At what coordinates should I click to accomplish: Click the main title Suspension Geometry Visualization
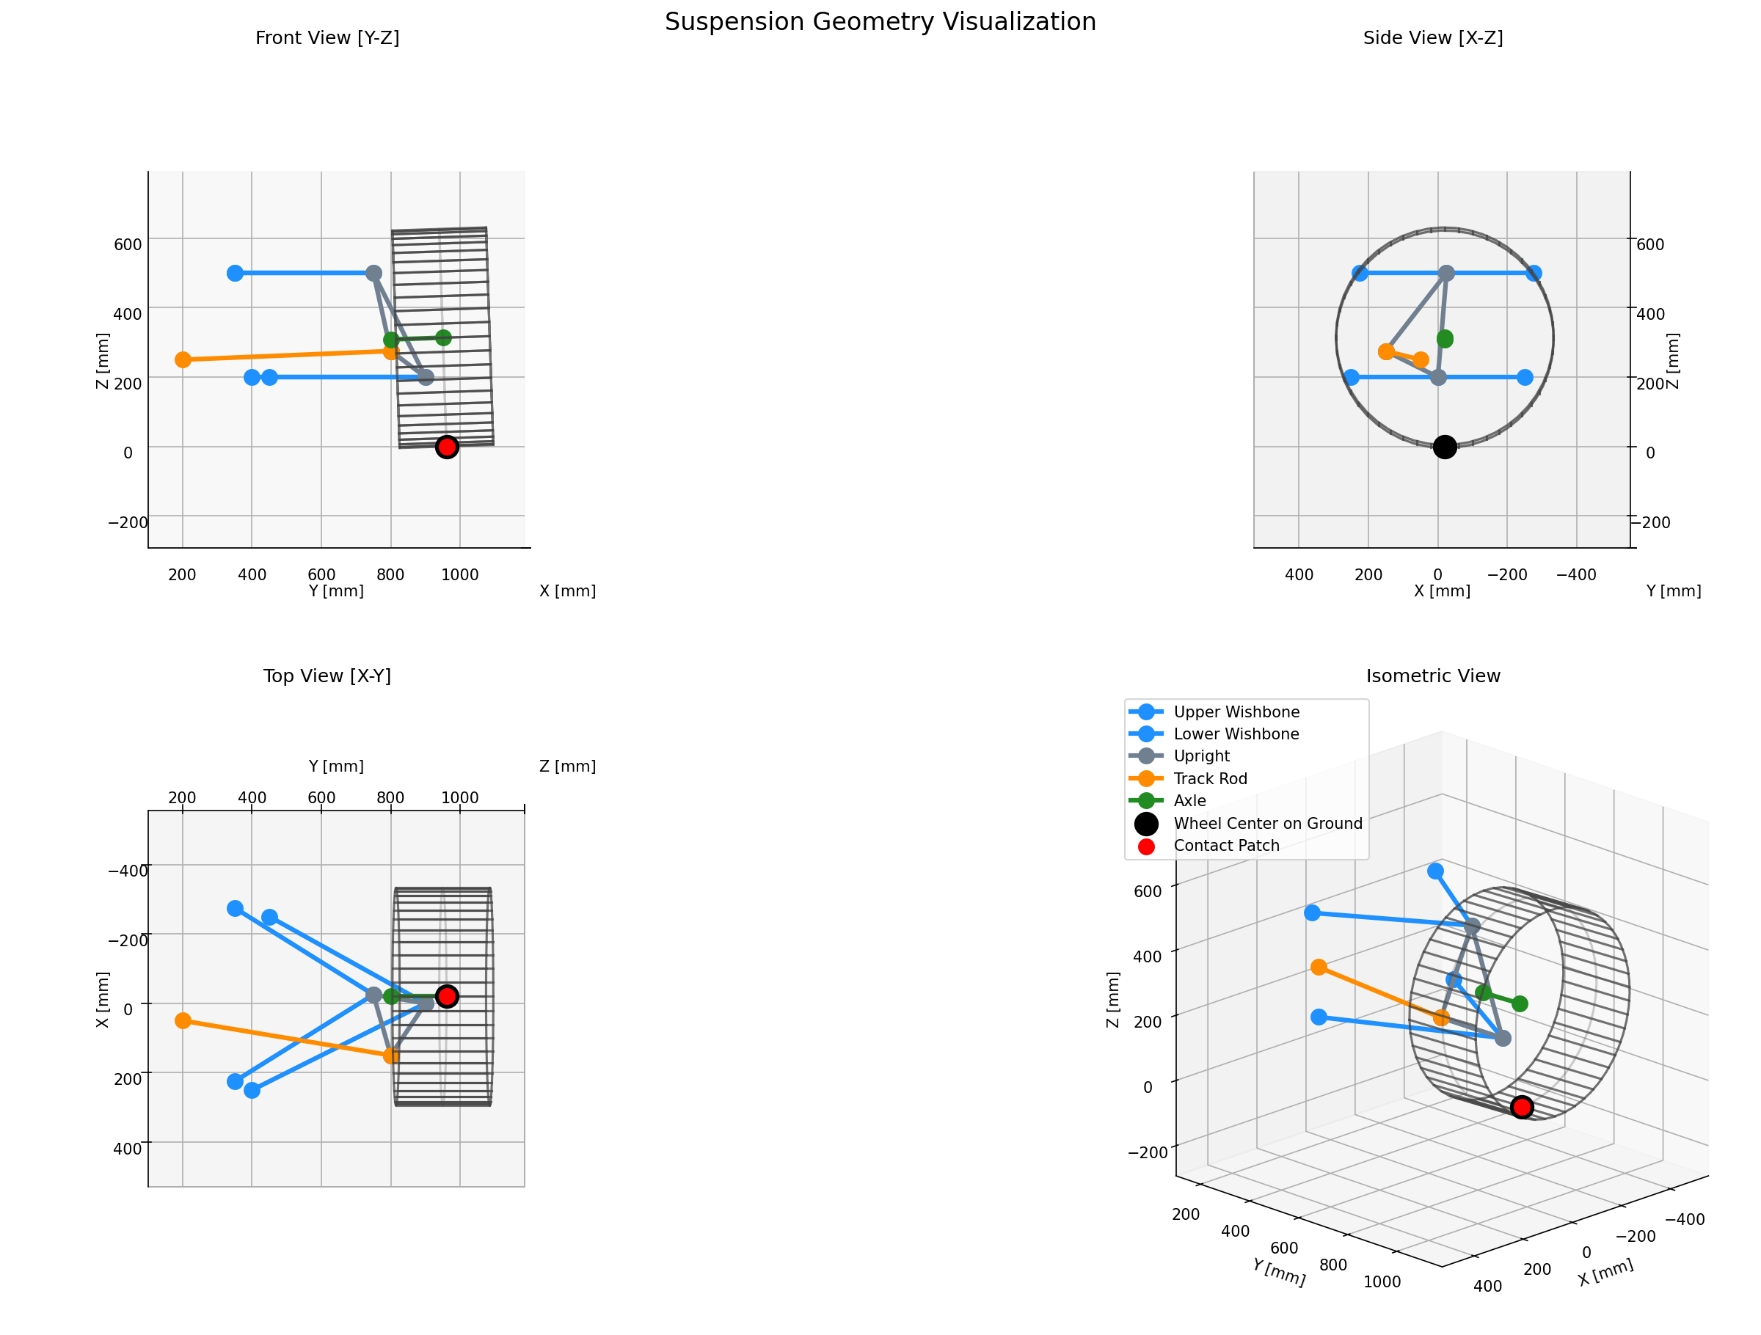pos(880,21)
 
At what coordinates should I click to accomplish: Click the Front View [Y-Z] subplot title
pos(327,38)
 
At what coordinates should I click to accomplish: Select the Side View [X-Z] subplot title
pos(1432,38)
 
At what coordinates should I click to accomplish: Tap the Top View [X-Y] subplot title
pos(327,676)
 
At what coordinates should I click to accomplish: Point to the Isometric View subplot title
pos(1432,676)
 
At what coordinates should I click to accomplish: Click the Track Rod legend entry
pos(1210,778)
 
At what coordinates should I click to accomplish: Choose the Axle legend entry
pos(1189,801)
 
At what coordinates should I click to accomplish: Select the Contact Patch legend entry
pos(1226,846)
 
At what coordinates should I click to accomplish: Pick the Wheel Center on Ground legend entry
pos(1267,823)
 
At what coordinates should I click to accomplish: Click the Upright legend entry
pos(1201,756)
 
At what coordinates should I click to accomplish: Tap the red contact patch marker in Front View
pos(448,447)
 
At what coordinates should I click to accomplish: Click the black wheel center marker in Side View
pos(1444,447)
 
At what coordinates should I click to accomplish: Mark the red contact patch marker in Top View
pos(448,996)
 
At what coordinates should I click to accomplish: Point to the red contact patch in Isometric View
pos(1521,1107)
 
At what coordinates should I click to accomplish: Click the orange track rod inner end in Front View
pos(183,360)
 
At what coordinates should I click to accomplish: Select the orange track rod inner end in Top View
pos(183,1020)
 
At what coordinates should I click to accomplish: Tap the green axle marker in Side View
pos(1444,339)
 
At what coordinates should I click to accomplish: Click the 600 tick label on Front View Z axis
pos(128,244)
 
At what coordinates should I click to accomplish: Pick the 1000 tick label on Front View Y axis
pos(460,575)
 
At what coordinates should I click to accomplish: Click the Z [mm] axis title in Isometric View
pos(1113,1000)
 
